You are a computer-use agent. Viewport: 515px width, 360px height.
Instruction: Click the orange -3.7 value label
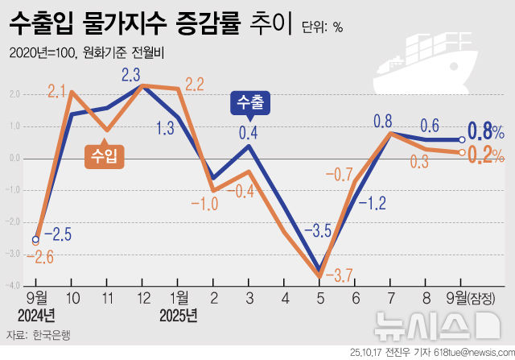point(340,276)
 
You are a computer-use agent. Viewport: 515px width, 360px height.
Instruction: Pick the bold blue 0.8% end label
point(486,130)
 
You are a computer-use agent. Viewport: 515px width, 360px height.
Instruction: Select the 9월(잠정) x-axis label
point(477,298)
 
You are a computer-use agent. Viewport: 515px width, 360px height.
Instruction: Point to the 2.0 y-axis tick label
point(14,93)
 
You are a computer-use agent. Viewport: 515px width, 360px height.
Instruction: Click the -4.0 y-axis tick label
point(13,284)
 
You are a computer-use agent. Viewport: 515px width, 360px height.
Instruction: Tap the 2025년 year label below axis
point(178,315)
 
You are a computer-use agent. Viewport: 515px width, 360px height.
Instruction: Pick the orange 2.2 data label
point(196,84)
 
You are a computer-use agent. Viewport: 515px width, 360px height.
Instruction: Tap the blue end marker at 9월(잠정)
point(462,139)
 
